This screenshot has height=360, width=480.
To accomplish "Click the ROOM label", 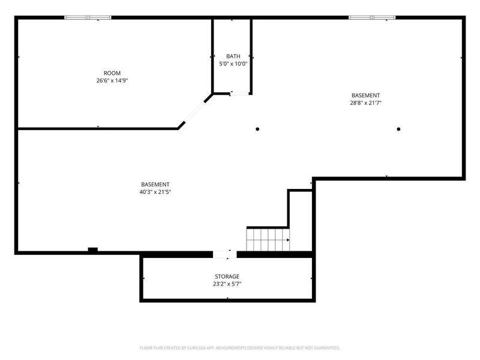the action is (112, 73).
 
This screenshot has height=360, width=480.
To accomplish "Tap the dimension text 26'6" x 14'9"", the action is (112, 81).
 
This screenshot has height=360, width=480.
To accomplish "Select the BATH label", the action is (233, 56).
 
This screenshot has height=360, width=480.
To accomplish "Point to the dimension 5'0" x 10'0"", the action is (233, 64).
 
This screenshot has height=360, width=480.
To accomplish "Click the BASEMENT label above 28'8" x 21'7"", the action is (365, 95).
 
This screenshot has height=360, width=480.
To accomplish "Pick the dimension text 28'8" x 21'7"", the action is (365, 103).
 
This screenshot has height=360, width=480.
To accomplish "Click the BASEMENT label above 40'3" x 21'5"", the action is (155, 185).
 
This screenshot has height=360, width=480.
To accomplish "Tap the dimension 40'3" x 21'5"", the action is (155, 192).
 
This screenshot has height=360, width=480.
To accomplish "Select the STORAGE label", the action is (227, 277).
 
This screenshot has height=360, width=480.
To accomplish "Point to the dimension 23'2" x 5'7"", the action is (227, 284).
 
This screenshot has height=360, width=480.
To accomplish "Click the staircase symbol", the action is (268, 239).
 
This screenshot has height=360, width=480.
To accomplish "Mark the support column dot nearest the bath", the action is (257, 129).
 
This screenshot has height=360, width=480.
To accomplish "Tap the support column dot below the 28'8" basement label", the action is (398, 129).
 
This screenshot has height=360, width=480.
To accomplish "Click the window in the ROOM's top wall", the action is (88, 17).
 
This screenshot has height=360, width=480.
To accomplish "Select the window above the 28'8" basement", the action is (372, 17).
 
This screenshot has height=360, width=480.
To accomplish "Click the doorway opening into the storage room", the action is (224, 254).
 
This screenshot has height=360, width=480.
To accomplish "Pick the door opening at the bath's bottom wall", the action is (239, 94).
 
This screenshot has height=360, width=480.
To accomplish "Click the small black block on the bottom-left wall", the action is (93, 250).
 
